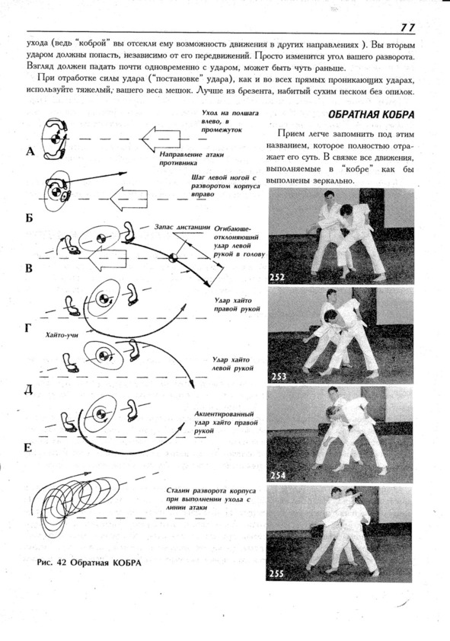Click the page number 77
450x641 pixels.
click(407, 27)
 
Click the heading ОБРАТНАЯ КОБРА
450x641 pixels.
click(371, 114)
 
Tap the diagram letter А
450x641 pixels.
click(30, 152)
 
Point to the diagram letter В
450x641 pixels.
click(29, 269)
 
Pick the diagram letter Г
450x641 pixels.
click(28, 328)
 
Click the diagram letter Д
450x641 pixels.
click(29, 390)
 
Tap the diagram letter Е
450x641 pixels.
click(28, 448)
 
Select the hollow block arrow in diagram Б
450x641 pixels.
click(129, 199)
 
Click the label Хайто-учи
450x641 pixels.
click(62, 335)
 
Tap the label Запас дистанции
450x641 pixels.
click(182, 227)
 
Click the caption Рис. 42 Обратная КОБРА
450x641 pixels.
click(89, 563)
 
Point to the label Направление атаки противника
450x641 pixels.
click(186, 158)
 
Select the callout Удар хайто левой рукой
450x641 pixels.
click(232, 364)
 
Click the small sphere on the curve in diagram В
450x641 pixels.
click(174, 257)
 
